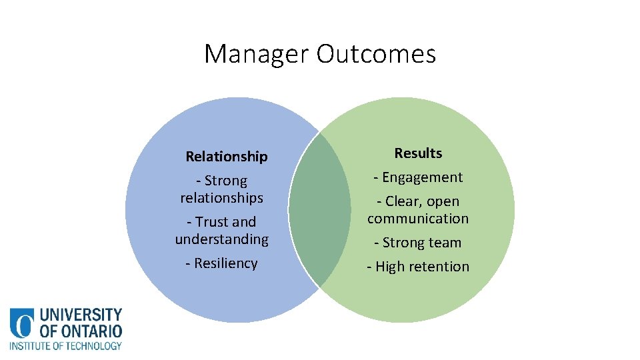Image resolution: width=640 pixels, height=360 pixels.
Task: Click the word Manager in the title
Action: coord(257,53)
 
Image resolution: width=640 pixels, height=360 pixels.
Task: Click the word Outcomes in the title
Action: coord(376,53)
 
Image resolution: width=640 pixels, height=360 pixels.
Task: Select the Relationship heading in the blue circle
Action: coord(227,157)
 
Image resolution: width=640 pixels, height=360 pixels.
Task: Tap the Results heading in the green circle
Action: coord(418,153)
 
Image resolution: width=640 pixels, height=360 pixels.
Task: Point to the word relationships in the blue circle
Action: coord(222,198)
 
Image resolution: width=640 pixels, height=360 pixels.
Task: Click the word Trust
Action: coord(212,222)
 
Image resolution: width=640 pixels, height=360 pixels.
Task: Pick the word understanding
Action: coord(222,239)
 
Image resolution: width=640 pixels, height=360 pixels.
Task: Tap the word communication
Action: coord(418,219)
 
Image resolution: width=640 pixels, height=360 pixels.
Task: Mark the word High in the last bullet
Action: coord(391,267)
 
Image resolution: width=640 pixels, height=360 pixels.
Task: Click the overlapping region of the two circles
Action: coord(320,209)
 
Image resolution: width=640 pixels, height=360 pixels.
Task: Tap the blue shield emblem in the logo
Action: coord(22,323)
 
